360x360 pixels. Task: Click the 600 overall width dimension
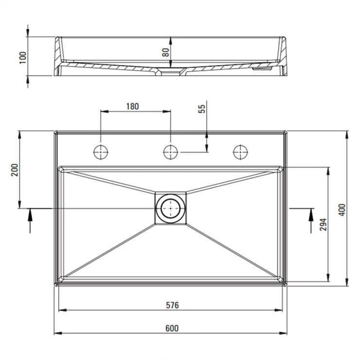pos(172,328)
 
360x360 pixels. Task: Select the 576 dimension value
pos(172,305)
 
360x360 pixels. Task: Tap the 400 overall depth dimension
pos(342,210)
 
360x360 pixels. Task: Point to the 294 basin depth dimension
pos(323,224)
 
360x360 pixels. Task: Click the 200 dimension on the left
pos(15,170)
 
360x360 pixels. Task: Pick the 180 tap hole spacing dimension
pos(132,107)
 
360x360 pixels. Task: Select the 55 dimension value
pos(201,109)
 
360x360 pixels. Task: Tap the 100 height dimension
pos(23,57)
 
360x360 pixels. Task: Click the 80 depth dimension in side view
pos(165,53)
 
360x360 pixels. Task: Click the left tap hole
pos(101,152)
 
